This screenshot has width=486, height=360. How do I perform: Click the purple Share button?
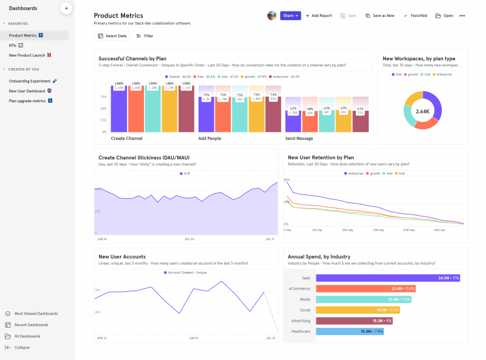click(x=290, y=15)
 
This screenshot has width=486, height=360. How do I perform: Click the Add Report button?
click(x=319, y=15)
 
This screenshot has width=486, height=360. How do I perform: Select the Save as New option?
click(x=380, y=15)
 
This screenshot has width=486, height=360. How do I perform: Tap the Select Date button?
click(x=112, y=36)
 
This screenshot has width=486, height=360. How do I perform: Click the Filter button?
click(x=145, y=36)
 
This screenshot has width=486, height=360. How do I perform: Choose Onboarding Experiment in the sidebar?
click(x=29, y=80)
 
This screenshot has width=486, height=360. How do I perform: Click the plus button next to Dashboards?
click(x=66, y=9)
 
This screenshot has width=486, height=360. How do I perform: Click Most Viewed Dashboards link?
click(x=36, y=313)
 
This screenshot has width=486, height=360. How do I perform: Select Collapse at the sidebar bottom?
click(x=22, y=347)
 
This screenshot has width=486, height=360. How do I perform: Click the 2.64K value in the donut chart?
click(x=422, y=111)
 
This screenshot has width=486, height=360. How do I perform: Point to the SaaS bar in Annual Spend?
click(x=388, y=278)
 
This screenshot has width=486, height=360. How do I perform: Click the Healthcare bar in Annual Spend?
click(x=350, y=331)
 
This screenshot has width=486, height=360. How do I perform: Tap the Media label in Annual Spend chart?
click(x=304, y=299)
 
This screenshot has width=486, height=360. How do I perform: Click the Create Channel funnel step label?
click(x=126, y=138)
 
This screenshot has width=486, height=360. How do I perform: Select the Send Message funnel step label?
click(x=299, y=138)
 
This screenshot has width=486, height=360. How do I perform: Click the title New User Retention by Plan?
click(x=321, y=157)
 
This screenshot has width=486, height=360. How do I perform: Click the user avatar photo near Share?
click(x=272, y=15)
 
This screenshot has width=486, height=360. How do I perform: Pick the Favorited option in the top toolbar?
click(x=416, y=15)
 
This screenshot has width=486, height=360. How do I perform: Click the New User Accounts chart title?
click(x=122, y=257)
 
